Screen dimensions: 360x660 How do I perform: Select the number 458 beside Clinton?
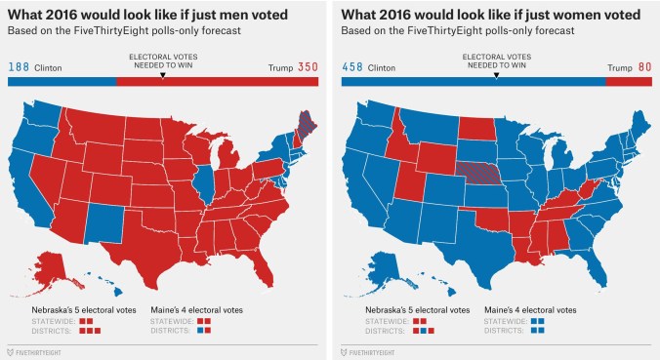353,67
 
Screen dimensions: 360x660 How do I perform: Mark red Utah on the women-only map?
411,181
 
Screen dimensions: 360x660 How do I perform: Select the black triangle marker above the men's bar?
162,74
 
